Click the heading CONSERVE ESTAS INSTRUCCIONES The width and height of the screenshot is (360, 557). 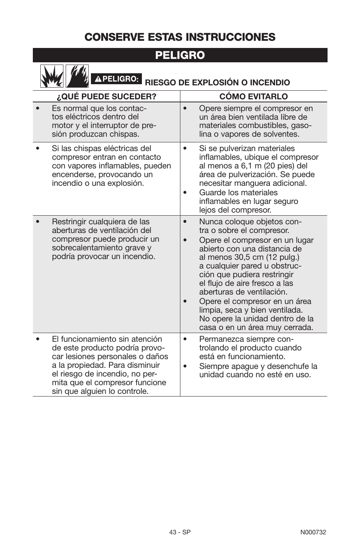(x=180, y=37)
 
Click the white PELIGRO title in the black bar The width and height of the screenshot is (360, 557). (x=180, y=55)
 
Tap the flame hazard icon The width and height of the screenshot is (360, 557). (x=77, y=76)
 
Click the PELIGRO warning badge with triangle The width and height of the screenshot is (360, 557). (x=116, y=79)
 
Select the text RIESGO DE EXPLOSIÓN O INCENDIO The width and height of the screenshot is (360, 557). (x=217, y=83)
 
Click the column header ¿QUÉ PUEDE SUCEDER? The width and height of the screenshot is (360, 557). (x=106, y=97)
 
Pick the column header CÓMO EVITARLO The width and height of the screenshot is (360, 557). (x=254, y=97)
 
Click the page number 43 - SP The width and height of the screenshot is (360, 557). (x=180, y=532)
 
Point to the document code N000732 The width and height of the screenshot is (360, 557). (x=313, y=532)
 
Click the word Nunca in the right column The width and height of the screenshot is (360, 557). (x=211, y=222)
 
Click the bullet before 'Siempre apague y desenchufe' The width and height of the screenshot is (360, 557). (x=185, y=366)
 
